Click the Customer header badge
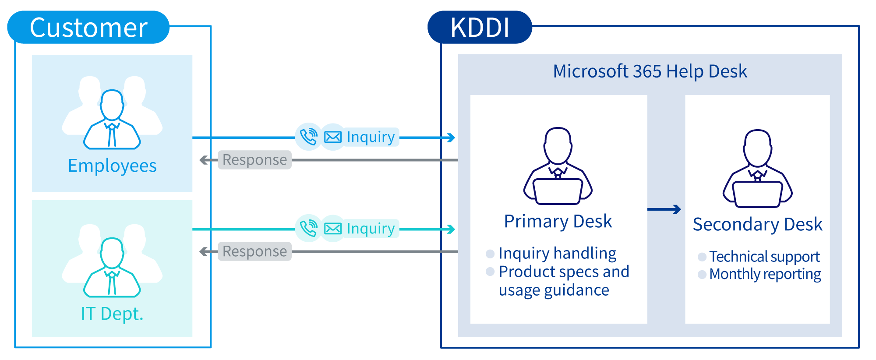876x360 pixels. pos(88,27)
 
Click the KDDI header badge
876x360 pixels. pos(479,27)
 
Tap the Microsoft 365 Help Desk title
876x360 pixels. pos(650,71)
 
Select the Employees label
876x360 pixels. pos(112,166)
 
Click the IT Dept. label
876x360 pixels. pos(112,314)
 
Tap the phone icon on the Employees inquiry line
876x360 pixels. pos(308,137)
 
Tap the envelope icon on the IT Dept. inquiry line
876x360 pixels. pos(333,229)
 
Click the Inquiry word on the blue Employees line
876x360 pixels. pos(371,137)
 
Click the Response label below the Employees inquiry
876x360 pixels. pos(254,160)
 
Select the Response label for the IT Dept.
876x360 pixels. pos(254,251)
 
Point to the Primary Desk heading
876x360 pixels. pos(558,221)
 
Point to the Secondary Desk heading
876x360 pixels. pos(757,224)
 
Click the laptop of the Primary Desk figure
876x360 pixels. pos(558,191)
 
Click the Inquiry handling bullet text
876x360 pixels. pos(557,253)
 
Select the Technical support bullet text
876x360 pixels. pos(764,257)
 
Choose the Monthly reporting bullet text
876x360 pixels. pos(765,274)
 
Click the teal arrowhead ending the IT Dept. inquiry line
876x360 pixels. pos(451,229)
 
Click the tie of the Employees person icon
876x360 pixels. pos(112,136)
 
